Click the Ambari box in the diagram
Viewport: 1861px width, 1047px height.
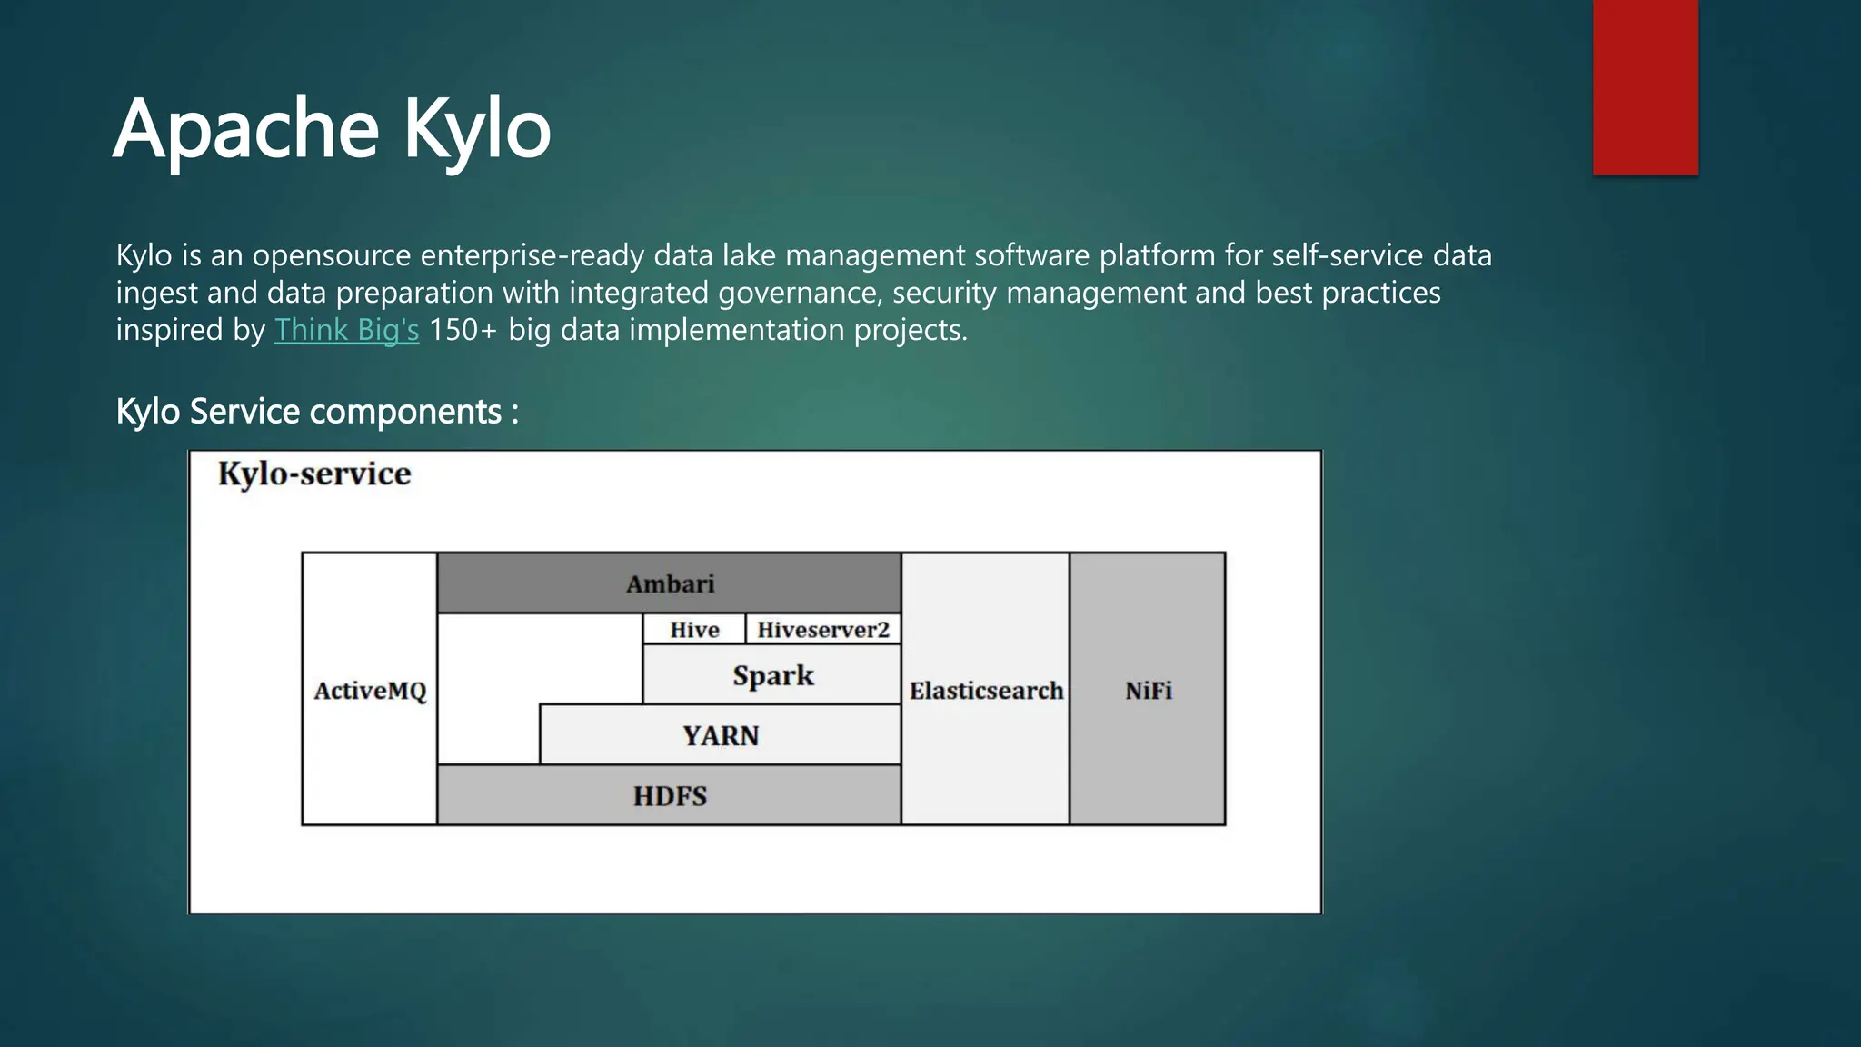coord(670,583)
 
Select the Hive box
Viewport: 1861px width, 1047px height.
coord(694,630)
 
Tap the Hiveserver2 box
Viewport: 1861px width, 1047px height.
coord(823,630)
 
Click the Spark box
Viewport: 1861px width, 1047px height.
coord(772,675)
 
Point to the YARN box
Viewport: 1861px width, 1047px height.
coord(721,735)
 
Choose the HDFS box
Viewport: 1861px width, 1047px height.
coord(670,796)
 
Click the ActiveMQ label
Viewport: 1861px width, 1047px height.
coord(370,691)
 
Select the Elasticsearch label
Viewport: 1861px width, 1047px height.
coord(986,691)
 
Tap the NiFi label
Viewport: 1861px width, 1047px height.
coord(1148,691)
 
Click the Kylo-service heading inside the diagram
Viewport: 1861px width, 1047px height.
coord(314,474)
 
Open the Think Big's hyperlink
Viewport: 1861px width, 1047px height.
coord(346,330)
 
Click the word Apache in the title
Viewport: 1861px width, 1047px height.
coord(245,129)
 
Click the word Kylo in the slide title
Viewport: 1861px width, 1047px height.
coord(477,129)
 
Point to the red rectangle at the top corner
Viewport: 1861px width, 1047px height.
coord(1645,86)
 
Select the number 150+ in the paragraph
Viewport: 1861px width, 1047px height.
coord(463,330)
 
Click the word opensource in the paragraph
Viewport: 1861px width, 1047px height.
coord(332,256)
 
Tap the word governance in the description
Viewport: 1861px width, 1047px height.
coord(800,294)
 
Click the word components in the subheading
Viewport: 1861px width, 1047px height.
coord(404,413)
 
